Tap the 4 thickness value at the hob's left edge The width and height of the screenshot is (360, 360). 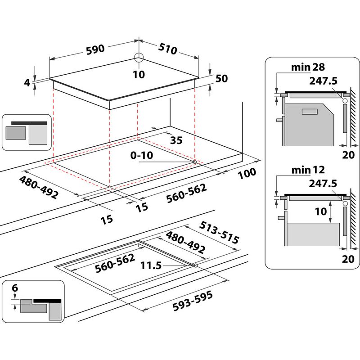pos(27,82)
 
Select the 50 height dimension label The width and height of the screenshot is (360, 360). pos(222,78)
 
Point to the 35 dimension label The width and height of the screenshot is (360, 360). pos(176,140)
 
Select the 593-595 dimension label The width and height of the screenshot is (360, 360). pos(192,300)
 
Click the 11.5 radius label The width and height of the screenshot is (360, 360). pos(151,265)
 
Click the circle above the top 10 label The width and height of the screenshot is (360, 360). pos(139,57)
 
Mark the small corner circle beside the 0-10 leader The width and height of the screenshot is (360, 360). pos(194,162)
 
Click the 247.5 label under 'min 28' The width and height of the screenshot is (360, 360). pos(323,81)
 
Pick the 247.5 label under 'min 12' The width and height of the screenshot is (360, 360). pos(323,183)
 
